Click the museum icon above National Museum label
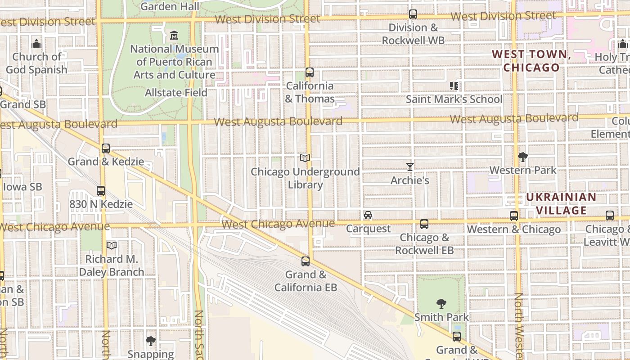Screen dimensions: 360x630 [174, 35]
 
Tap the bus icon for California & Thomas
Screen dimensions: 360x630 [309, 72]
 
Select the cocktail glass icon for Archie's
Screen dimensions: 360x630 [409, 167]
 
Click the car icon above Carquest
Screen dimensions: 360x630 [368, 215]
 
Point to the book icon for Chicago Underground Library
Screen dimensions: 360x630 [305, 158]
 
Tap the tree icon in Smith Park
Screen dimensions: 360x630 [441, 304]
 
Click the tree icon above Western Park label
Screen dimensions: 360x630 [522, 157]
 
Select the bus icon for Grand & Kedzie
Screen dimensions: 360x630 [106, 148]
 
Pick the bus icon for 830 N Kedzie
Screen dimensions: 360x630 [101, 191]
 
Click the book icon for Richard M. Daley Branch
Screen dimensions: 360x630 [112, 245]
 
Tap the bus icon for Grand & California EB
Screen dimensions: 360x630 [306, 261]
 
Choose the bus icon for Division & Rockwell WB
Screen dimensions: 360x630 [413, 14]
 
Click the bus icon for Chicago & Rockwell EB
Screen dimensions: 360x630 [424, 224]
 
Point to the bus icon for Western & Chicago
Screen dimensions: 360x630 [513, 216]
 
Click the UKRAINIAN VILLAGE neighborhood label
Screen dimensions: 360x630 [561, 204]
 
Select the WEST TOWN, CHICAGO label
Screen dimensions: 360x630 [531, 61]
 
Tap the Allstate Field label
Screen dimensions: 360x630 [176, 93]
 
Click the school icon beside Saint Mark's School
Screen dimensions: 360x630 [454, 85]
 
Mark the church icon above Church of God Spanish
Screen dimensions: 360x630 [36, 44]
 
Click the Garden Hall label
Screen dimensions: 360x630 [170, 6]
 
